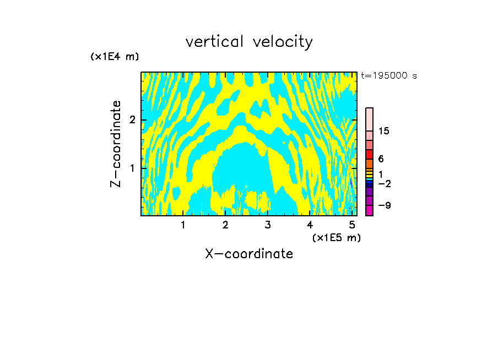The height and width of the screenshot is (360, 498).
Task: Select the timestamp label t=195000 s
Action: [x=388, y=75]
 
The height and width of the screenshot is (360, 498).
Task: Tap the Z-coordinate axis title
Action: [x=116, y=144]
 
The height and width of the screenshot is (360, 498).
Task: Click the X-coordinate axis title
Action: [x=249, y=254]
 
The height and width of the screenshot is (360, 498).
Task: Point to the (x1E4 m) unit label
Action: [x=115, y=56]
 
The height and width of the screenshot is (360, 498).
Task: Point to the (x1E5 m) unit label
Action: [x=336, y=237]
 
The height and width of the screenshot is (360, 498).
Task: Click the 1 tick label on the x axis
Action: [x=183, y=225]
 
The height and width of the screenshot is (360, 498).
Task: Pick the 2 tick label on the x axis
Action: [x=225, y=225]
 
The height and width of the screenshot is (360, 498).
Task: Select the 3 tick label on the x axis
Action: [x=268, y=225]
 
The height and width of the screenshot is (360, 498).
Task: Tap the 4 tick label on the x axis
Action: [x=310, y=225]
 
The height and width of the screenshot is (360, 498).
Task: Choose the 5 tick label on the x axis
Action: [x=352, y=225]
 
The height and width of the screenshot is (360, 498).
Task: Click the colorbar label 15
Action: [x=384, y=131]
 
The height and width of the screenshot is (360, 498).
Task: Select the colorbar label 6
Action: [x=381, y=159]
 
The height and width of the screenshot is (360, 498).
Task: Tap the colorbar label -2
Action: [x=384, y=184]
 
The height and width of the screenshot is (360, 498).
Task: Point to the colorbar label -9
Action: [x=384, y=205]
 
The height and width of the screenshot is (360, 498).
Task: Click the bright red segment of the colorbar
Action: [x=370, y=155]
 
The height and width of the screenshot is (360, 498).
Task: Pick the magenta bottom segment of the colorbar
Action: [x=370, y=210]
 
